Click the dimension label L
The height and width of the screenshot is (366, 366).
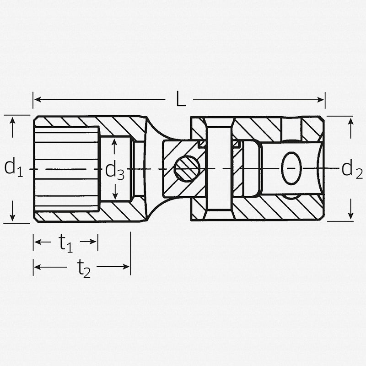coord(181,100)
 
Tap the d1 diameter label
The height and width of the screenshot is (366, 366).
coord(13,168)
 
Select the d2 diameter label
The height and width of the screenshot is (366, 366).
coord(352,169)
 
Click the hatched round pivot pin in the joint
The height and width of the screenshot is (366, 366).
coord(187,169)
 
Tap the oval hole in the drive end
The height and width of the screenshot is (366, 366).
coord(291,168)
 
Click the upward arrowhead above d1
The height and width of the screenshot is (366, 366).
coord(12,120)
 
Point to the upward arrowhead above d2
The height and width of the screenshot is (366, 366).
coord(350,121)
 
